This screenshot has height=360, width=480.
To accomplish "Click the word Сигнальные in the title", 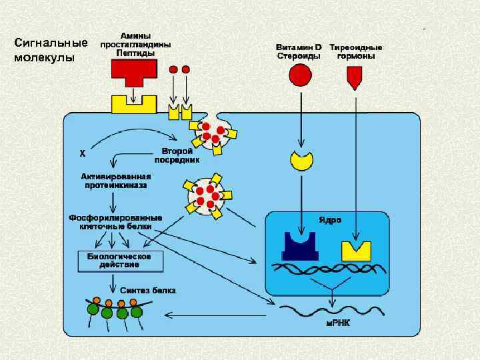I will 51,43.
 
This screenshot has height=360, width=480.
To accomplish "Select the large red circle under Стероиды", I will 300,75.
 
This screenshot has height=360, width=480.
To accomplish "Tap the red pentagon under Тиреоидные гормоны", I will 355,79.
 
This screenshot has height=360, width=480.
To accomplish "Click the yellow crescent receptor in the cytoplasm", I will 301,160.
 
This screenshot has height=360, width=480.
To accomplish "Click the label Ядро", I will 330,219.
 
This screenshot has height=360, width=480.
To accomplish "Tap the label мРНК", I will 338,322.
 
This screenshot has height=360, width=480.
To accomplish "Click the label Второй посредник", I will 177,155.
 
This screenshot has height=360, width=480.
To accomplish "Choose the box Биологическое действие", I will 120,260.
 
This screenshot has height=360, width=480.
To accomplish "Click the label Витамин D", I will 299,47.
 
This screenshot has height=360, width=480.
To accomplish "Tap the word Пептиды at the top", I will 135,52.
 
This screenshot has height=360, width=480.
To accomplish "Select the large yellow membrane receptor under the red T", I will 133,104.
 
